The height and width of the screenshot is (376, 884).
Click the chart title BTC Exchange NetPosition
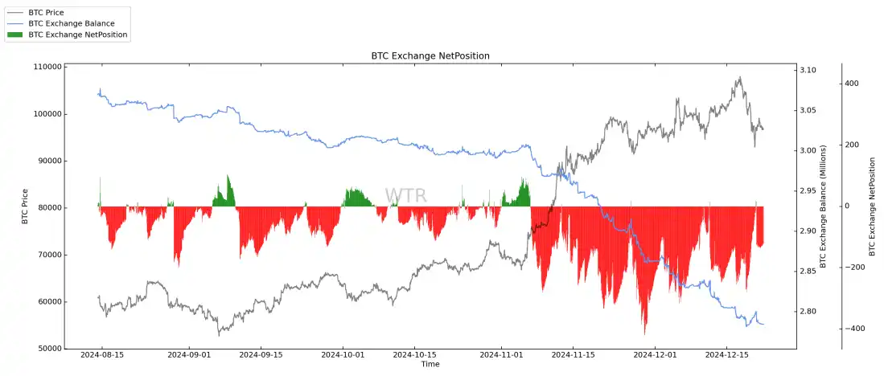[x=430, y=55]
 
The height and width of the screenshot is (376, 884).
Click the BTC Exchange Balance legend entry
[x=71, y=24]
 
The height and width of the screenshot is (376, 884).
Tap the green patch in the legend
[x=15, y=35]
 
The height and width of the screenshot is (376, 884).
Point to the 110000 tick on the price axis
[x=47, y=67]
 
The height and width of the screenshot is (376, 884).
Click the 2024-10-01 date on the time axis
[x=343, y=354]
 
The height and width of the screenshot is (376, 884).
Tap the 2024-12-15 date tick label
[x=728, y=354]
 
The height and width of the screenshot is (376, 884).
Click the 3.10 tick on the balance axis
[x=808, y=71]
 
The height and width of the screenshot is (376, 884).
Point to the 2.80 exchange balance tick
[x=808, y=312]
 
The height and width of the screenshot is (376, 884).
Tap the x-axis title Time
[x=430, y=365]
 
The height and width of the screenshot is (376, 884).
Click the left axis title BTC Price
[x=25, y=206]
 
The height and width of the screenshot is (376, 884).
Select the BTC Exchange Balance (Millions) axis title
[x=823, y=206]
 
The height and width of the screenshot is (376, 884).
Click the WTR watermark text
[x=405, y=196]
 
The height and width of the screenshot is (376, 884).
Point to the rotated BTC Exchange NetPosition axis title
[x=873, y=206]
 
